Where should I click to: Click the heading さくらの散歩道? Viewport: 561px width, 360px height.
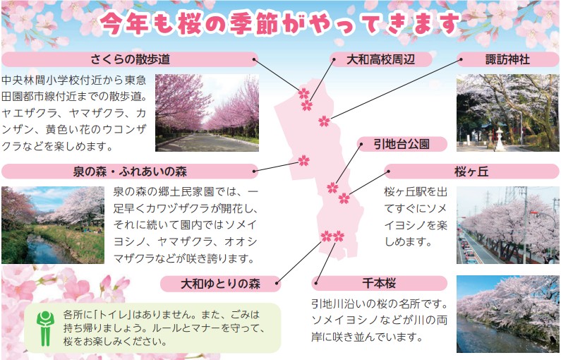coord(131,59)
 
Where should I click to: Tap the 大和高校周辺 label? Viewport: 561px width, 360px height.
coord(380,59)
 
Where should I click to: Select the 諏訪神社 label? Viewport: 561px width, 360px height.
coord(507,59)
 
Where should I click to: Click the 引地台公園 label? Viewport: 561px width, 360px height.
coord(402,144)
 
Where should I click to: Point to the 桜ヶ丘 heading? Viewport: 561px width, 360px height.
coord(471,172)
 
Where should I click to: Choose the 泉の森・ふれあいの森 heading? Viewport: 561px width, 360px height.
coord(130,172)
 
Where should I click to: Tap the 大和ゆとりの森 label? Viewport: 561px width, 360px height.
coord(220,284)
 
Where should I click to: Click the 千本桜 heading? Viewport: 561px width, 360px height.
coord(379,283)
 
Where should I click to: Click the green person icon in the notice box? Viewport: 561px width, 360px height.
coord(45,328)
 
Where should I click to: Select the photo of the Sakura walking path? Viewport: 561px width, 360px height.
coord(207,113)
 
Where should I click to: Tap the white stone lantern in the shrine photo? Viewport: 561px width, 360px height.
coord(499,140)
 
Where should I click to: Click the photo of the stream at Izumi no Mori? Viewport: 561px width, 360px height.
coord(53,225)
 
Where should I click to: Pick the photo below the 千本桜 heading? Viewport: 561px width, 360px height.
coord(508,314)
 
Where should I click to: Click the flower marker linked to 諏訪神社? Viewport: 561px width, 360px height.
coord(324,121)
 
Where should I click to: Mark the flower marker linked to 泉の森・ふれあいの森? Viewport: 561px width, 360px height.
coord(303,160)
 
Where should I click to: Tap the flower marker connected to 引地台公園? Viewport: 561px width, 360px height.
coord(332,188)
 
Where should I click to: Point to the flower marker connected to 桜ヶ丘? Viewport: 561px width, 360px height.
coord(344,198)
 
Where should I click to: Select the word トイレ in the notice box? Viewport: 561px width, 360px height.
coord(113,315)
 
